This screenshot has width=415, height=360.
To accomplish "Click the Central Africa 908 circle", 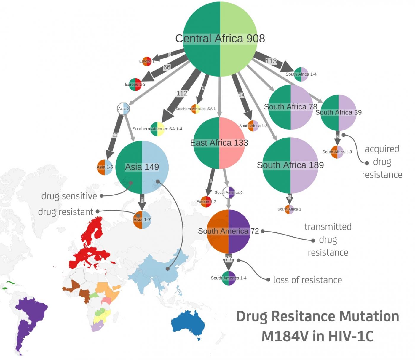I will point(220,39).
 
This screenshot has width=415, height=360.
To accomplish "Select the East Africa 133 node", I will point(219,143).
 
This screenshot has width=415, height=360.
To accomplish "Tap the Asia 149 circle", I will point(142,167).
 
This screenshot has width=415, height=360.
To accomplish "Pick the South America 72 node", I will point(229,231).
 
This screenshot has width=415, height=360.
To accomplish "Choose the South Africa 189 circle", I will point(290,165).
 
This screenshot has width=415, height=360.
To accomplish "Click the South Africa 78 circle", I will point(290,107).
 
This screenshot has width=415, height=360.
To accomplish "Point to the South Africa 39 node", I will point(338,112).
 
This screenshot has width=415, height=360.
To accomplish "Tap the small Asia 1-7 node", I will point(142,220).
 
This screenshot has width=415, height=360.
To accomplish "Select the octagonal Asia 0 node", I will point(123,109).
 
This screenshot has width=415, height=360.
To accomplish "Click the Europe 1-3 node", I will point(135,84).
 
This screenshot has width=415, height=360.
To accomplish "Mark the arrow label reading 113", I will point(271,61).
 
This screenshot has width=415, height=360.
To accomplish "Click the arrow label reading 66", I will point(167,67).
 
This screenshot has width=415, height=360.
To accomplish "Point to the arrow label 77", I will point(229,259).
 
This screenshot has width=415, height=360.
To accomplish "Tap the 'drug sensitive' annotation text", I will point(69,196).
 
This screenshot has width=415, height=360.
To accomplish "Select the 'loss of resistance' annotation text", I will point(307,280).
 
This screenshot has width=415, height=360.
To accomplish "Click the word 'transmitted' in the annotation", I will point(328,227).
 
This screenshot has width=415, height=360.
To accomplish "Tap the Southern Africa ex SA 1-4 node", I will point(157,129).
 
